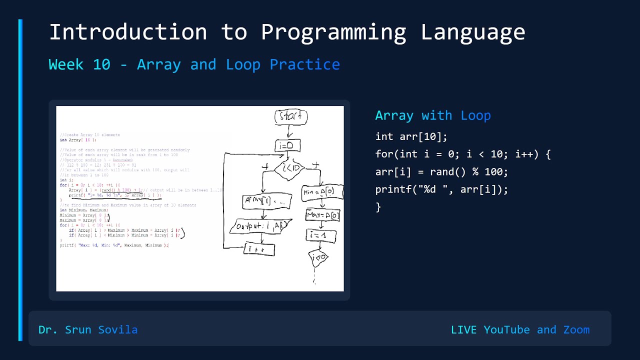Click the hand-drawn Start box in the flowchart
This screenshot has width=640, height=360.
pos(290,117)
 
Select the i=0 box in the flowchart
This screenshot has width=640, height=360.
pos(287,146)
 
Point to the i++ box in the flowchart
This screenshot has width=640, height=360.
pos(259,248)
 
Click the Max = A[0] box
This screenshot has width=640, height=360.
pos(323,215)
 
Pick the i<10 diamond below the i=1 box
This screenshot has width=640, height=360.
pos(318,258)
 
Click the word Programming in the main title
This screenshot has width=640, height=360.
pos(333,32)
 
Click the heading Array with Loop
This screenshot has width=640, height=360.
pos(433,115)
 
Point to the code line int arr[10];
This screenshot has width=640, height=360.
pos(411,136)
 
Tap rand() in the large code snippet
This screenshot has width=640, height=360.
pos(442,172)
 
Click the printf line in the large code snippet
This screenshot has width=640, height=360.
pos(441,189)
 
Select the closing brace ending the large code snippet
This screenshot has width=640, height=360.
pos(378,207)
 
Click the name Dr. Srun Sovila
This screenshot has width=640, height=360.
pos(88,330)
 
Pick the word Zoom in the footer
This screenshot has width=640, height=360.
pos(576,330)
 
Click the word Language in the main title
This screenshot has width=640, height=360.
pos(472,32)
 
